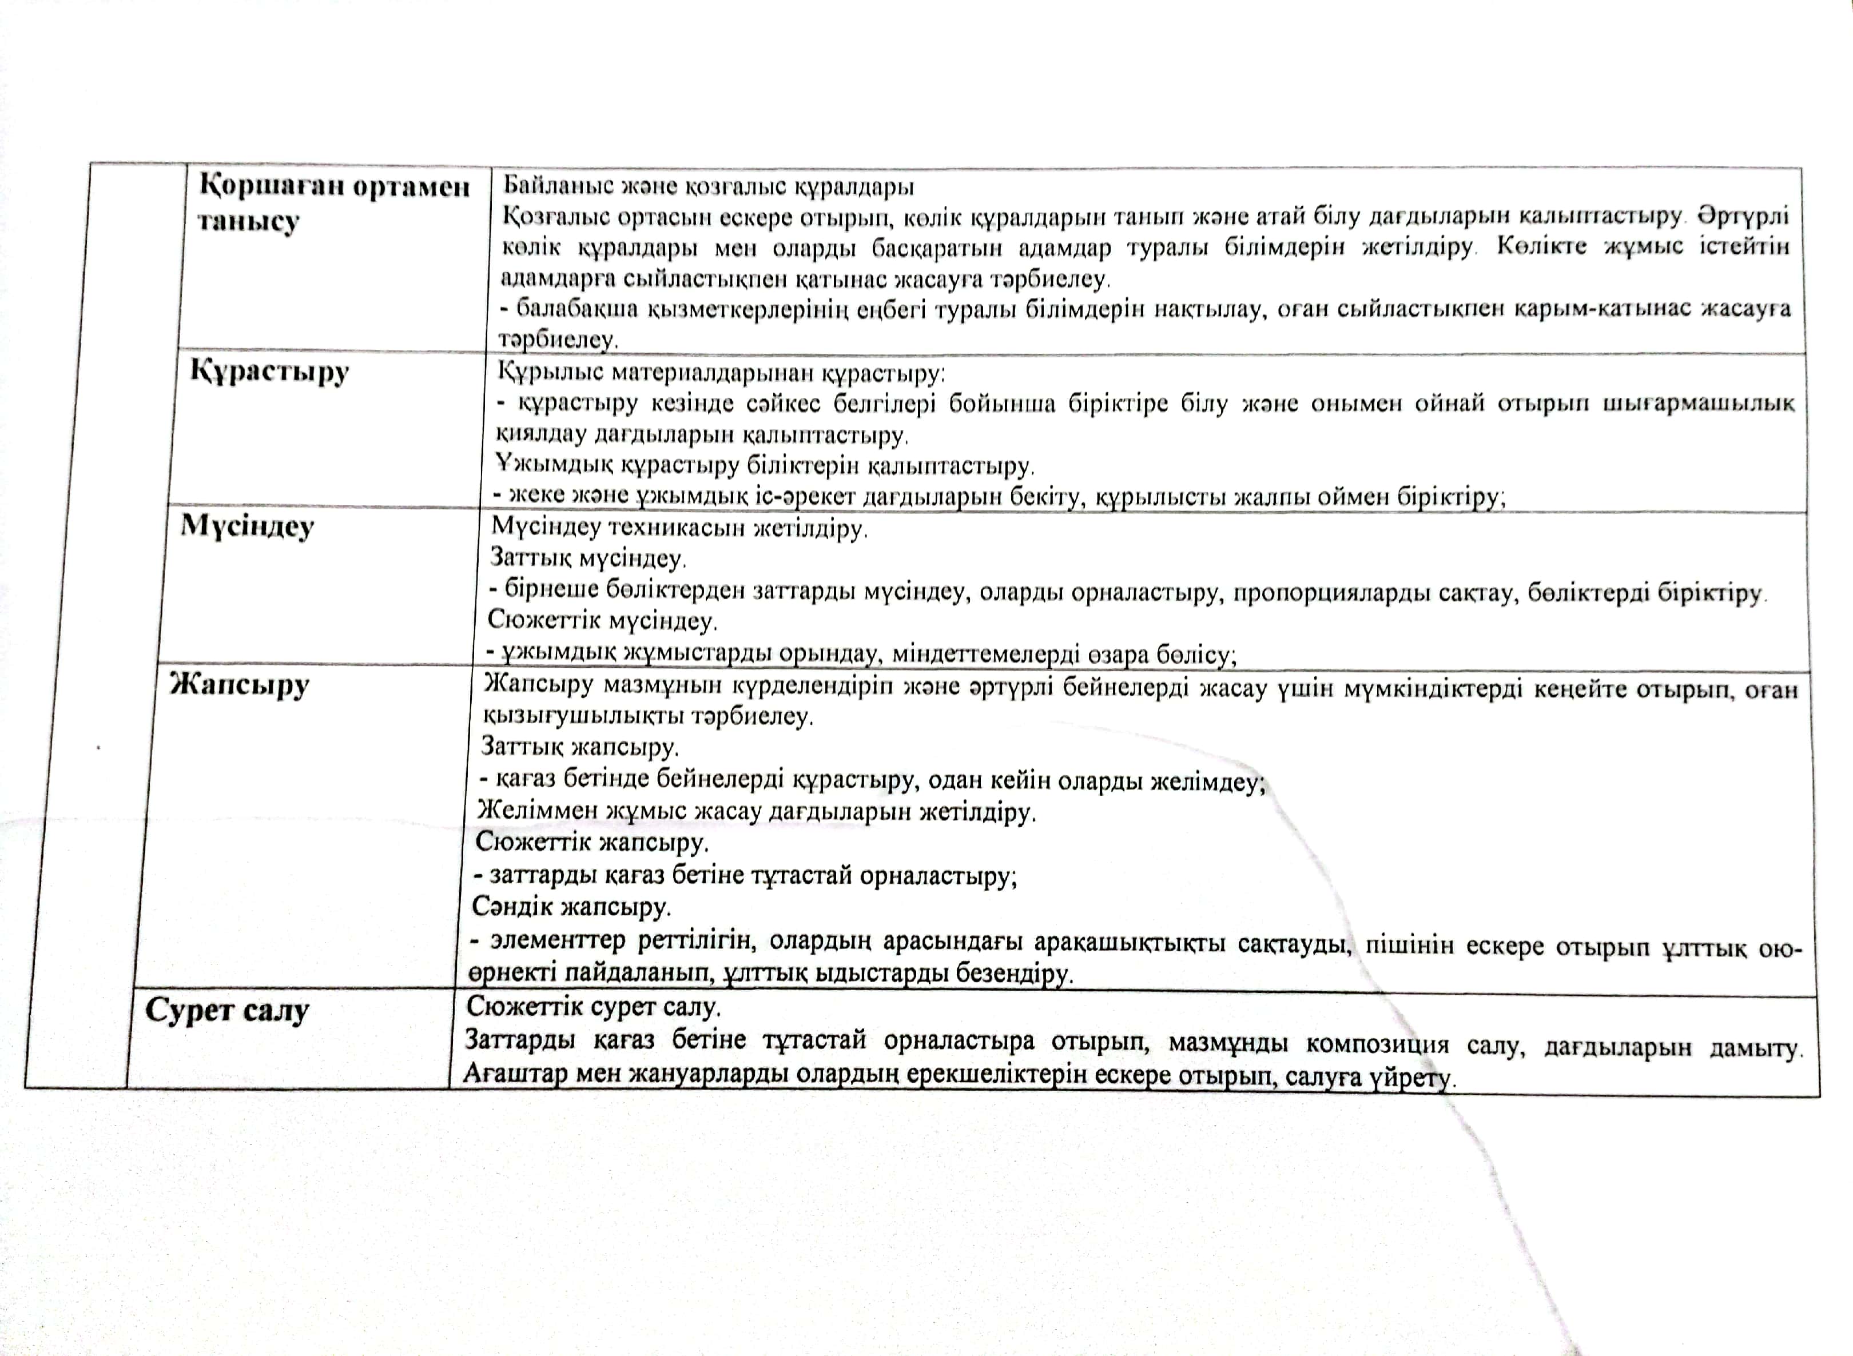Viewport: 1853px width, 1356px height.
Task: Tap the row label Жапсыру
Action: pyautogui.click(x=240, y=684)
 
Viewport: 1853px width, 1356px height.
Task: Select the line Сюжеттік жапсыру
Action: pyautogui.click(x=591, y=843)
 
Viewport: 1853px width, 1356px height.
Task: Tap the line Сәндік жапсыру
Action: pyautogui.click(x=571, y=908)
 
